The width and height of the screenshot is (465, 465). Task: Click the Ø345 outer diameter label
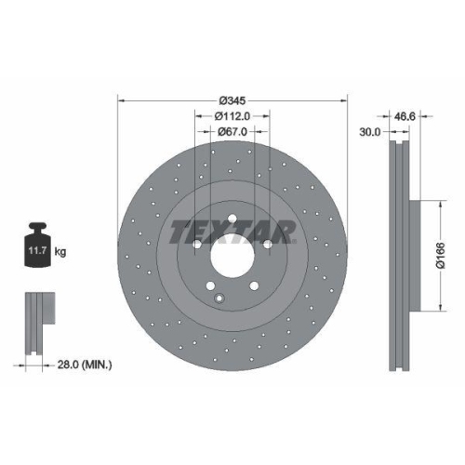click(x=232, y=100)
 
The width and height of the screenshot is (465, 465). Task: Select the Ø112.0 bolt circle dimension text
click(x=232, y=116)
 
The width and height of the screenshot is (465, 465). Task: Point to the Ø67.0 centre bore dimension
click(x=232, y=132)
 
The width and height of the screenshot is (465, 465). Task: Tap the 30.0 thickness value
click(x=370, y=133)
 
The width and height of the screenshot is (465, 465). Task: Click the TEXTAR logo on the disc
click(x=232, y=230)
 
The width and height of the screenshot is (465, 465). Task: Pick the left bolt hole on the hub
click(x=198, y=244)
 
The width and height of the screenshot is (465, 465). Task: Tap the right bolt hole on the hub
click(x=267, y=244)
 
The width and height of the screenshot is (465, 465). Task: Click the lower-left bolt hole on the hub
click(x=211, y=284)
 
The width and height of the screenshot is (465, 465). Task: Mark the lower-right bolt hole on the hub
click(x=254, y=284)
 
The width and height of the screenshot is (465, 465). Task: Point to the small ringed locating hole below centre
click(x=219, y=298)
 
